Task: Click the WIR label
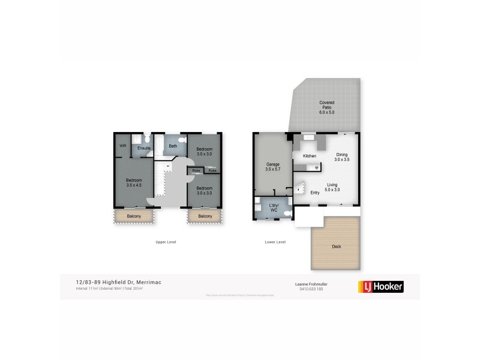click(x=122, y=146)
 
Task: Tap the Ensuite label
click(x=144, y=148)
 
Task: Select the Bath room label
click(x=173, y=146)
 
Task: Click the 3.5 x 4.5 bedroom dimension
click(x=134, y=185)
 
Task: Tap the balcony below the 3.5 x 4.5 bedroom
click(x=134, y=216)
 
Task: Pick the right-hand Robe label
click(x=211, y=170)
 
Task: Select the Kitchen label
click(x=310, y=156)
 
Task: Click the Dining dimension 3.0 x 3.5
click(x=341, y=159)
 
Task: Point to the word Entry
click(x=315, y=193)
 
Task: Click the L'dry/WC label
click(x=273, y=208)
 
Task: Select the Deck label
click(x=336, y=247)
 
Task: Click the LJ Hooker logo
click(x=380, y=286)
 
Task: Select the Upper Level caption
click(x=166, y=242)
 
